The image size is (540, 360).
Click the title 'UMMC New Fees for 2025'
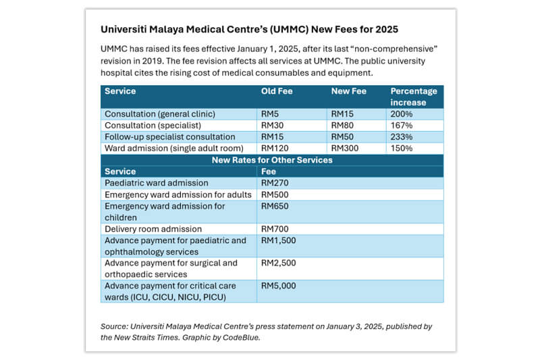[x=249, y=30]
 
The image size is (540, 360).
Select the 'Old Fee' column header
[x=277, y=91]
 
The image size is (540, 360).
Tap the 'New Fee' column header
[x=348, y=91]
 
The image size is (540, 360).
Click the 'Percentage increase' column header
[x=413, y=97]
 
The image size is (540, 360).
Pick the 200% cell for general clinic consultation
[x=401, y=114]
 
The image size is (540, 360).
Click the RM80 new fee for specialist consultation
[x=344, y=125]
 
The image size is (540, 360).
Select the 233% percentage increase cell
[x=401, y=136]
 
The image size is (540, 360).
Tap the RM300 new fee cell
[x=346, y=148]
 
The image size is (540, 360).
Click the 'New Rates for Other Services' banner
[x=272, y=160]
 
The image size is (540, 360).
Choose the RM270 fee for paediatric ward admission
[x=274, y=183]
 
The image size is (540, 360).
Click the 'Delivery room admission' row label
[x=153, y=229]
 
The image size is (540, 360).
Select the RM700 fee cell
[x=274, y=229]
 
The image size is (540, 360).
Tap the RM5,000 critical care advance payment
[x=278, y=286]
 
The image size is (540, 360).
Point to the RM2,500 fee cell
[x=278, y=263]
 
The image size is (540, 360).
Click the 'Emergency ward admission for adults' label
[x=178, y=195]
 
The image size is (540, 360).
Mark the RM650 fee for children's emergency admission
[x=274, y=206]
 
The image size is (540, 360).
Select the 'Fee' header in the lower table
[x=268, y=172]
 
